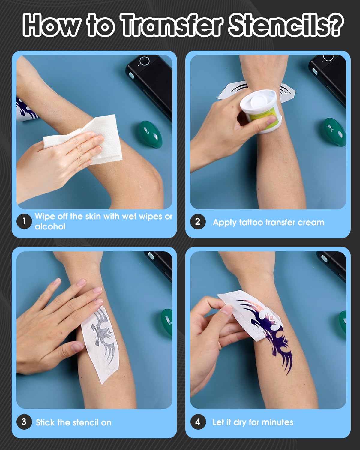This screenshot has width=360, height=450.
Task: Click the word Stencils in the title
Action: (x=278, y=25)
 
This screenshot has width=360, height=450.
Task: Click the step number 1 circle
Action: (x=24, y=221)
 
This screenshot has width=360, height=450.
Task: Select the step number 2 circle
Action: (x=198, y=222)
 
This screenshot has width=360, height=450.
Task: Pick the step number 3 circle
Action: (x=24, y=422)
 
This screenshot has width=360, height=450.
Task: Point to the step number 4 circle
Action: (x=198, y=422)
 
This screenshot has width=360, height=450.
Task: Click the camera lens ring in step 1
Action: (x=145, y=61)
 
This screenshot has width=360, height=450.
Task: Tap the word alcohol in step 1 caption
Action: (x=50, y=226)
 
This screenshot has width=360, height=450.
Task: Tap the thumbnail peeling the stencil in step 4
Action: (x=227, y=310)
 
